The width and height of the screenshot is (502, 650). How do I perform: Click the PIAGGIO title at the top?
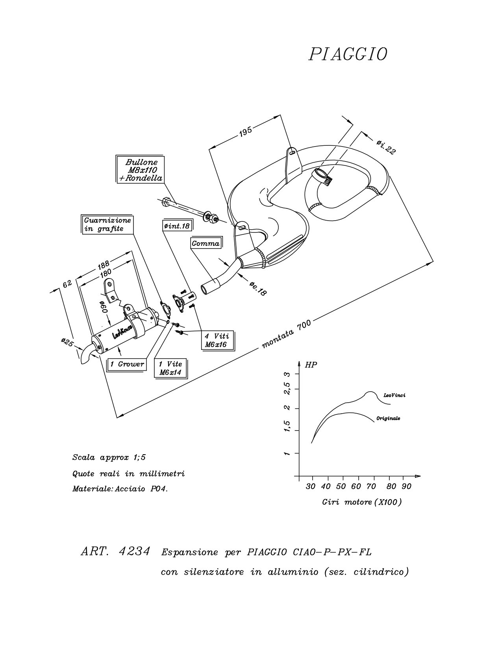tap(348, 54)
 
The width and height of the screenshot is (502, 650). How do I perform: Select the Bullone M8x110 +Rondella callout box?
tap(140, 169)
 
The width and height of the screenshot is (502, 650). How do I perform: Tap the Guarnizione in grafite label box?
tap(107, 224)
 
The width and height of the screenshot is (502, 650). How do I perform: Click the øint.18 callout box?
tap(177, 226)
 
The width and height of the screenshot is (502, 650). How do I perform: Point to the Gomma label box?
tap(206, 243)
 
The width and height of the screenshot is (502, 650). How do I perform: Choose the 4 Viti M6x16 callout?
tap(218, 340)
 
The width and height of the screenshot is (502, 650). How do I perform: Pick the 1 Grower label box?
tap(127, 364)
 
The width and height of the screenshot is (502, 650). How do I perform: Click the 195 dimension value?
tap(245, 132)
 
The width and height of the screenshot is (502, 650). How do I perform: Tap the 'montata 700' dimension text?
tap(286, 334)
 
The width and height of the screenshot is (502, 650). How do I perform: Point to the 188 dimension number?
tap(104, 265)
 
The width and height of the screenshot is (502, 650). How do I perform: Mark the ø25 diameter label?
tap(67, 342)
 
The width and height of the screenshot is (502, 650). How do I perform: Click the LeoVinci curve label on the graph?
tap(395, 396)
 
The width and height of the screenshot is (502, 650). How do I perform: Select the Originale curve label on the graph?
tap(388, 418)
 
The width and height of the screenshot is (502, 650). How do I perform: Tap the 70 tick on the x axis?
tap(371, 487)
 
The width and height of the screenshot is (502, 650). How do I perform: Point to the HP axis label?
tap(311, 365)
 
